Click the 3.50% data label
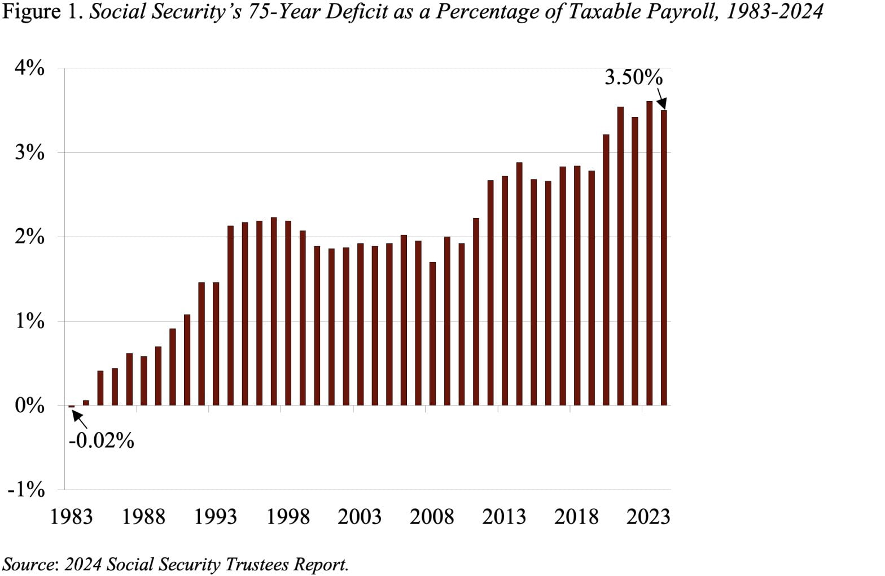[633, 77]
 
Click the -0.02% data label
[101, 440]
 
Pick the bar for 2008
[432, 333]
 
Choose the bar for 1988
[143, 381]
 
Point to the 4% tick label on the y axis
[29, 68]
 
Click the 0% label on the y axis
[29, 405]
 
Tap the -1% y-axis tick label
[26, 490]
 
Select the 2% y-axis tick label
[29, 237]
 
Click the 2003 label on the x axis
[360, 517]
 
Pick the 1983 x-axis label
[71, 517]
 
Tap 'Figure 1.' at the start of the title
[43, 11]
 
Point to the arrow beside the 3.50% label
[661, 99]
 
